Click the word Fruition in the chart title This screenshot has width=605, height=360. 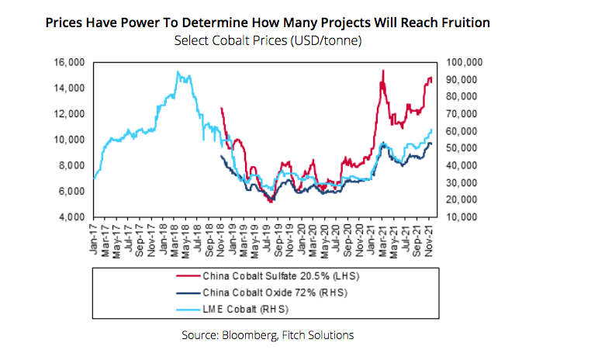(x=462, y=22)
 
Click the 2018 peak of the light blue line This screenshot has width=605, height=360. (x=178, y=72)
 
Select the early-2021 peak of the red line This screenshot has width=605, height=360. (x=383, y=71)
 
